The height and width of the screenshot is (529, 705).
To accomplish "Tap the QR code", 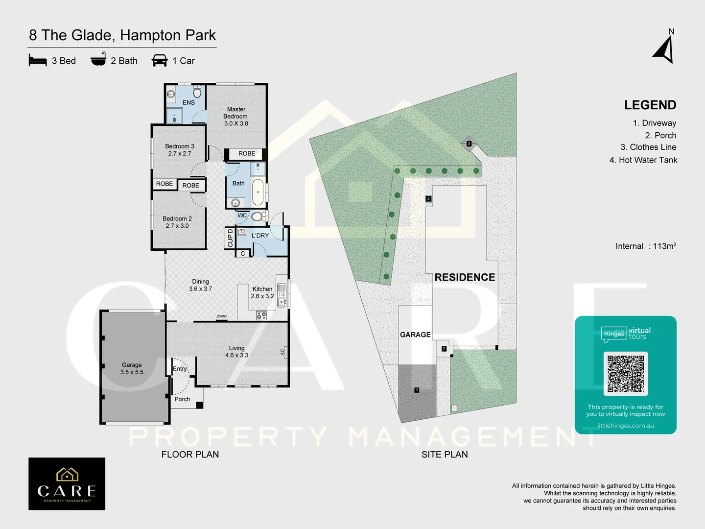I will click(x=626, y=373).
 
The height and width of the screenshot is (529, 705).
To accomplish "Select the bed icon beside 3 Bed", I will click(x=38, y=61).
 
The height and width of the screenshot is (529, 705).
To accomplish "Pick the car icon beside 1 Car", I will click(x=160, y=60).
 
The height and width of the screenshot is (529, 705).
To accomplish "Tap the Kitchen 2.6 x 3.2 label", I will click(x=262, y=292).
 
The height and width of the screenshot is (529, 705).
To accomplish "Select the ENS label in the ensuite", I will click(x=188, y=102).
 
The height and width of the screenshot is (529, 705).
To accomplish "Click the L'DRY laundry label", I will click(x=260, y=236).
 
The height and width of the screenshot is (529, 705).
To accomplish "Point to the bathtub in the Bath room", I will click(x=258, y=192).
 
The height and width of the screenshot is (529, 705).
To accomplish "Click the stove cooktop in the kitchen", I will click(x=261, y=315).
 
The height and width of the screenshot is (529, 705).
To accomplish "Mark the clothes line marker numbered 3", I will click(x=469, y=144).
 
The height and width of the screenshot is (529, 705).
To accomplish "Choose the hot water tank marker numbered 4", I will click(x=428, y=199).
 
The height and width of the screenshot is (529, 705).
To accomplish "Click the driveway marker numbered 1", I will click(x=417, y=390).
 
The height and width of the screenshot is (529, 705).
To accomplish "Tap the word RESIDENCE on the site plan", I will click(x=465, y=277).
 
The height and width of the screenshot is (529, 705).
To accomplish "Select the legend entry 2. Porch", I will click(x=660, y=135).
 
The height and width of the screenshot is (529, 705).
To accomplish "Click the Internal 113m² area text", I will click(x=646, y=246).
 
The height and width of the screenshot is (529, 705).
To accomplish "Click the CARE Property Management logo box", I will click(x=67, y=484).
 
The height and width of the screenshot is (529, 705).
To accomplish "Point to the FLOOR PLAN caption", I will click(x=190, y=455).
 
